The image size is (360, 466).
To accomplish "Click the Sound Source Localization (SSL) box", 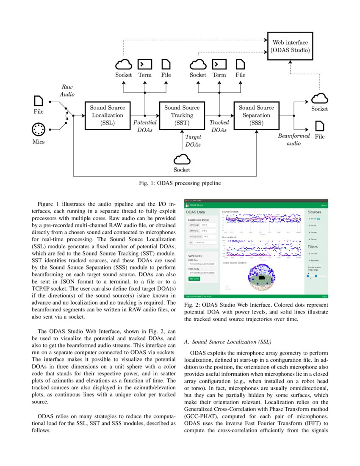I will (107, 115).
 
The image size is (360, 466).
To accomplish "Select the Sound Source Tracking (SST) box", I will (182, 115).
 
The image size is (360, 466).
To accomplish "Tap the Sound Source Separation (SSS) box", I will (256, 115).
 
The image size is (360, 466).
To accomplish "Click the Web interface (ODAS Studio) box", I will (290, 46).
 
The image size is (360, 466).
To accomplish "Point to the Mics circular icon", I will (39, 129).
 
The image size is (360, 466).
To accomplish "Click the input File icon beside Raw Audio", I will (39, 101).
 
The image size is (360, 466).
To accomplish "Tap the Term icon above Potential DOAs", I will (145, 64).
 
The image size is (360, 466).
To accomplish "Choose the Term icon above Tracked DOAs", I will (219, 64).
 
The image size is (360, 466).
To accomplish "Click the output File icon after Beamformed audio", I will (320, 126).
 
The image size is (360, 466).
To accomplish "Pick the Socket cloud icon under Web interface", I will (320, 98).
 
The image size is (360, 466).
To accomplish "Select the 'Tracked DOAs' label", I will (219, 126).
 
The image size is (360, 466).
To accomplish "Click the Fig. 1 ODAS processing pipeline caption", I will (180, 183).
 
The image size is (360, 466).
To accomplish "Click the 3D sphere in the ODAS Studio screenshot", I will (266, 278).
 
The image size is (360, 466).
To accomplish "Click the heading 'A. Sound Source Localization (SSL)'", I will (228, 341).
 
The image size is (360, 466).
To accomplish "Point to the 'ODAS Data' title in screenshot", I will (195, 212).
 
